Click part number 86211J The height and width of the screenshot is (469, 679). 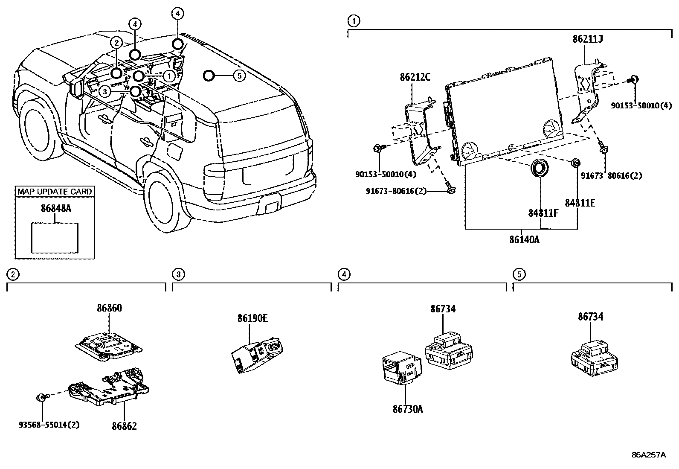(x=587, y=39)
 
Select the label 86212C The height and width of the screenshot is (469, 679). (x=415, y=77)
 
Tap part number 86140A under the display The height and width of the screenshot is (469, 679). (x=524, y=239)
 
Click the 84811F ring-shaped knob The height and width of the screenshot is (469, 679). (x=540, y=168)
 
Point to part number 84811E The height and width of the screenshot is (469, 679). (x=580, y=203)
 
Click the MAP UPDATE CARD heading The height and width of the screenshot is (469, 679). (x=55, y=192)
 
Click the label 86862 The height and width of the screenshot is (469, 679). (x=124, y=426)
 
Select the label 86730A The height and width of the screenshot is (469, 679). (x=408, y=409)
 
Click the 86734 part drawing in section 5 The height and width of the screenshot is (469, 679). (x=593, y=354)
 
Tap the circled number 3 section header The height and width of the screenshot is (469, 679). (x=179, y=274)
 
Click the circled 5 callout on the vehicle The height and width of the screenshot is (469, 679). (x=239, y=76)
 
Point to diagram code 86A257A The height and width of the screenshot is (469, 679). (x=648, y=455)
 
